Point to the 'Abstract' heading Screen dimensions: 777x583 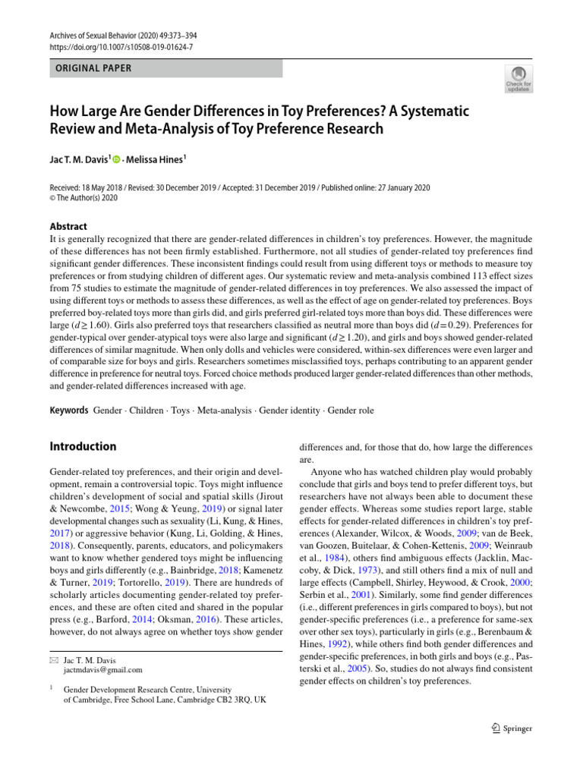(68, 226)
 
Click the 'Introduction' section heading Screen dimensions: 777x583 (83, 446)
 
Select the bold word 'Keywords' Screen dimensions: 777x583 (69, 411)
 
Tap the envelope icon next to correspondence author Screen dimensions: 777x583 (52, 660)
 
